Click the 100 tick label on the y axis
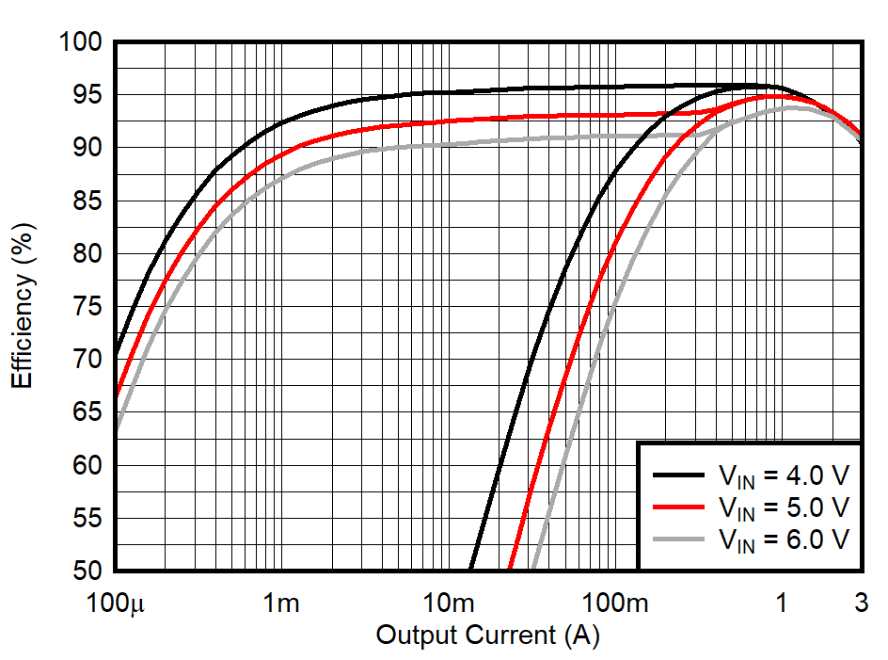point(79,42)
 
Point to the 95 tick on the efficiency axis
point(87,95)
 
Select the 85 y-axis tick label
point(87,201)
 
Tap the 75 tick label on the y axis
point(87,307)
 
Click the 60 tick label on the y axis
point(87,466)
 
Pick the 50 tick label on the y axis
point(87,571)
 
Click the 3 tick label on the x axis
point(861,604)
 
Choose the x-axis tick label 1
point(781,604)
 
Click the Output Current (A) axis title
point(487,636)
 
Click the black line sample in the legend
point(678,475)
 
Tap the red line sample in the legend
point(678,507)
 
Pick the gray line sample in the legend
point(678,539)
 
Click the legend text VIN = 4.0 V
point(783,475)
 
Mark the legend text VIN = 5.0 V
point(783,507)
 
